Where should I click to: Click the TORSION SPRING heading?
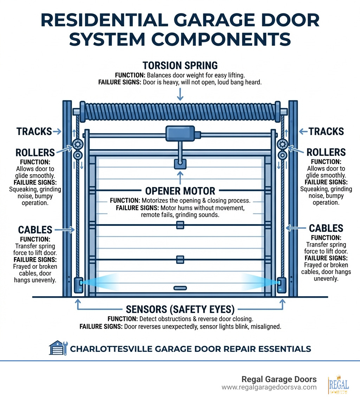180,65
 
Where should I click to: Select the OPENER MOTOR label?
180,191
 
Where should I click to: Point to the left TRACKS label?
34,132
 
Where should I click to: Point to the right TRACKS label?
326,132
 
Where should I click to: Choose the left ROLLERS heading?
35,152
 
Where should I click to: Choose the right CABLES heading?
326,228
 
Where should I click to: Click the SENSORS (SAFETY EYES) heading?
180,309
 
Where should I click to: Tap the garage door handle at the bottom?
180,288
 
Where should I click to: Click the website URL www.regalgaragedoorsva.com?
269,387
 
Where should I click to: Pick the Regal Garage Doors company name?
279,379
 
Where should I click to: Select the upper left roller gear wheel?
77,144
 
